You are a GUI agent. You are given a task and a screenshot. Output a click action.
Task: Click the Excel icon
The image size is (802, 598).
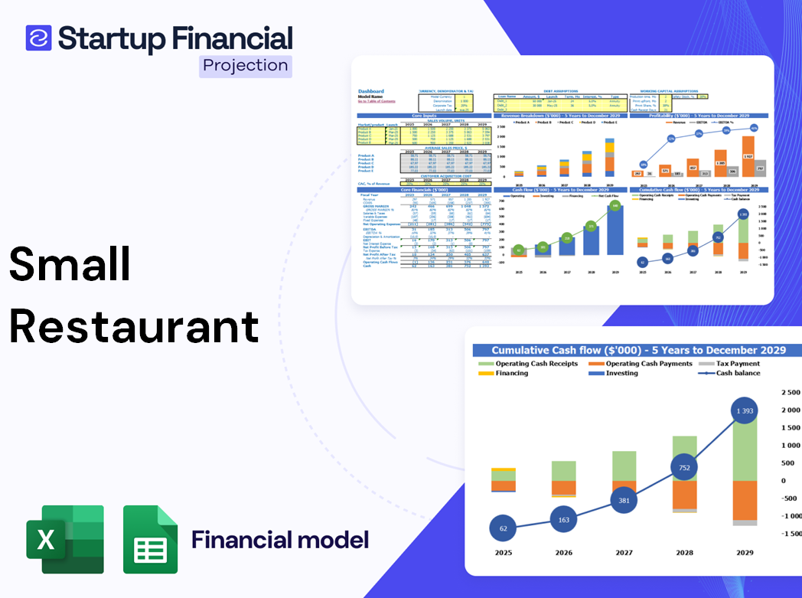pos(65,539)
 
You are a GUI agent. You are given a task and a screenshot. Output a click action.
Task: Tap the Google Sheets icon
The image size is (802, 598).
pos(150,539)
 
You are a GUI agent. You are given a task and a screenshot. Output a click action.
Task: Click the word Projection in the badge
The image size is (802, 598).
pos(246,65)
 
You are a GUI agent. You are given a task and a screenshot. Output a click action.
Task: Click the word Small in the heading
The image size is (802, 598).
pos(70,264)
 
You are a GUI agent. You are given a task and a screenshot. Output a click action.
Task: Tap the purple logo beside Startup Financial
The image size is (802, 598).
pos(38,38)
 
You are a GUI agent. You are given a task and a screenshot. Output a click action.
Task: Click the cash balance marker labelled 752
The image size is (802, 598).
pos(685,468)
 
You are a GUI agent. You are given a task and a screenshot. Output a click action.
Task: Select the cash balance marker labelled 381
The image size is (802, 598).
pos(624,501)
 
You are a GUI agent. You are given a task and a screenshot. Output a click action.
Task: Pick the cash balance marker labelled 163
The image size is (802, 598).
pos(564,520)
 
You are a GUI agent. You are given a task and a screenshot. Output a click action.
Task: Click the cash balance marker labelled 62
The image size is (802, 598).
pos(503,528)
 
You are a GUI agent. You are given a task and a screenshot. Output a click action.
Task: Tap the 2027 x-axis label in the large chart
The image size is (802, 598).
pos(624,552)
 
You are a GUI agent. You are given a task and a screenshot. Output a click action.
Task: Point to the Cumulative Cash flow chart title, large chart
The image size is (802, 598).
pos(638,350)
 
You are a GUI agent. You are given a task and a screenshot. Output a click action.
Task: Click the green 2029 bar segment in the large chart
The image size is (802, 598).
pos(745,452)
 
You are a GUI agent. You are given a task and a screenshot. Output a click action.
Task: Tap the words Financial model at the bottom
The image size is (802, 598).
pos(279,540)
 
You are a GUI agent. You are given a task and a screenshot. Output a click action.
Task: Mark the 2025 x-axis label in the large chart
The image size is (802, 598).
pos(503,552)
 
